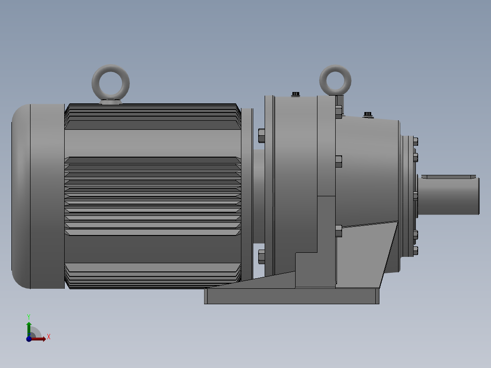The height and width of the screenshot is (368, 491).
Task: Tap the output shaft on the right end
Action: [448, 196]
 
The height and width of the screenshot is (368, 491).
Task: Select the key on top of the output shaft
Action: [448, 177]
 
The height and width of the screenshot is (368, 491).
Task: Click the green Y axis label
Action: [29, 317]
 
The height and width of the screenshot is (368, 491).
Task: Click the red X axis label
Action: [49, 337]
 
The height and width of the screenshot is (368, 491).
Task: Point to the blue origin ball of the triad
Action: [29, 339]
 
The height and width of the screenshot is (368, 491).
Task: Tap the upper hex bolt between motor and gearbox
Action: [261, 135]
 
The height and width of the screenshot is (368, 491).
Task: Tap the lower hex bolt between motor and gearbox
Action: [261, 257]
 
